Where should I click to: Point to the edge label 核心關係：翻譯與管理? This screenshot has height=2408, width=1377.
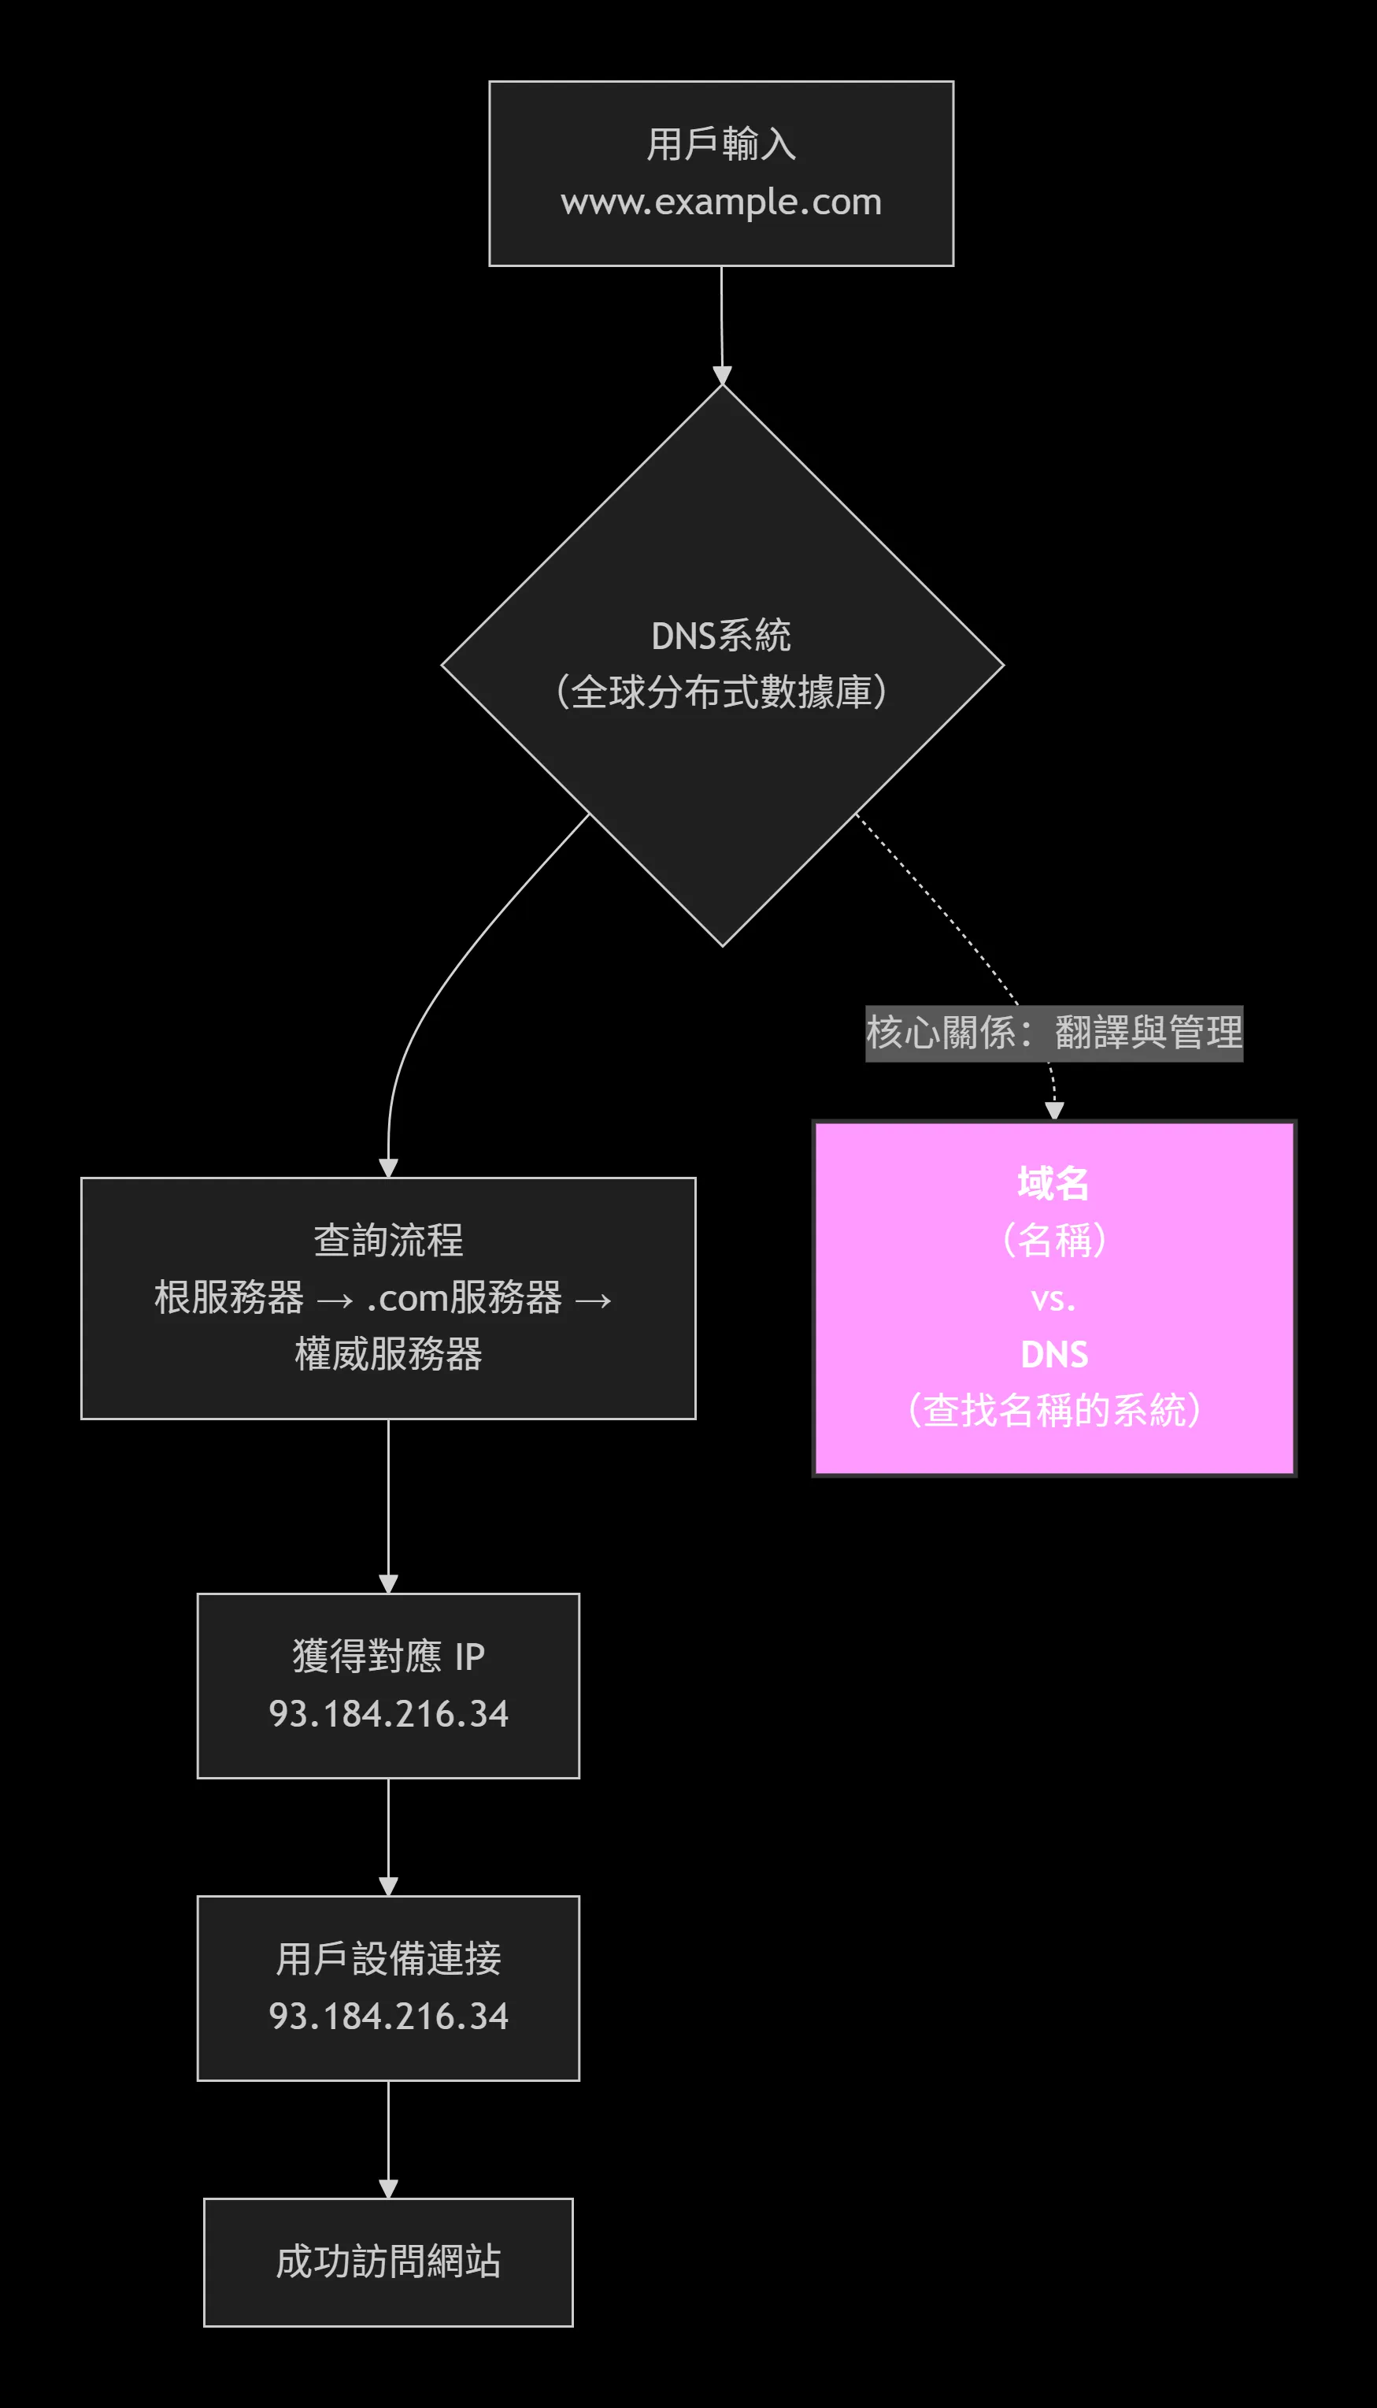[x=1053, y=1032]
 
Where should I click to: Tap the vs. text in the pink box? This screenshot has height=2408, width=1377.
[x=1053, y=1299]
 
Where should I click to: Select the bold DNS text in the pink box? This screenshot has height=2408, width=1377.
[x=1053, y=1355]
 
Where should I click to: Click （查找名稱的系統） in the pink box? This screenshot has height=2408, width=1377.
[x=1053, y=1411]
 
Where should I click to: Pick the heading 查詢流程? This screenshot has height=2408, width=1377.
[x=388, y=1241]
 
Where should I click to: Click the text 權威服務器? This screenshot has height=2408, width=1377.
[x=388, y=1354]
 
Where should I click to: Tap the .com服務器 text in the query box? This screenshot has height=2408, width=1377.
[x=464, y=1298]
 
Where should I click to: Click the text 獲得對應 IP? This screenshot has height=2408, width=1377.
[x=388, y=1657]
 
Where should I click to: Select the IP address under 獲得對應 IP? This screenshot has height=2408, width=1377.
[x=388, y=1713]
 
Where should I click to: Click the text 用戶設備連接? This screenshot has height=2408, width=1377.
[x=388, y=1960]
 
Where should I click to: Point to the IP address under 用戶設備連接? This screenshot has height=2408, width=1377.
[x=388, y=2017]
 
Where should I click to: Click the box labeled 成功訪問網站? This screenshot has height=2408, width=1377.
[x=388, y=2261]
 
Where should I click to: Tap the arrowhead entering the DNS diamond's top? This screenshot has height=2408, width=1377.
[x=722, y=377]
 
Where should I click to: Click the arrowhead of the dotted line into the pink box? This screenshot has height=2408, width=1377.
[x=1054, y=1111]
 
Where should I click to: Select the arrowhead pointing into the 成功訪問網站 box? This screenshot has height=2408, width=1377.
[x=388, y=2188]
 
